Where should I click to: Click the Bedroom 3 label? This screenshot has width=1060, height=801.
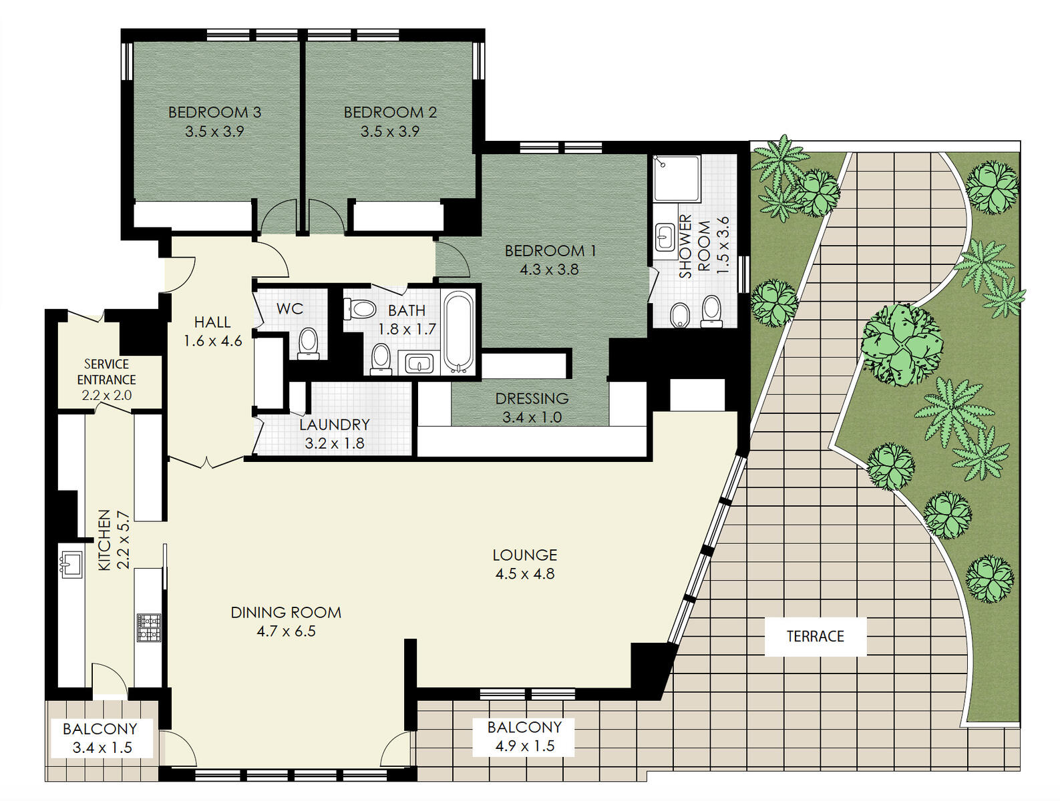(214, 112)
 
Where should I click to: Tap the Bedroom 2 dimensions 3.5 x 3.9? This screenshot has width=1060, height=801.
(389, 131)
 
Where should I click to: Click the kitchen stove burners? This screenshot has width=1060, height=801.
(149, 627)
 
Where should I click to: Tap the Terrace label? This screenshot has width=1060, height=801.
(815, 636)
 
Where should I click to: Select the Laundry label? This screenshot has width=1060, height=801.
(334, 425)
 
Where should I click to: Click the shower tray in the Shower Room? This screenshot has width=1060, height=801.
(675, 178)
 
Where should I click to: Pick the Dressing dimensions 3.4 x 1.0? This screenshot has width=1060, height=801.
(532, 417)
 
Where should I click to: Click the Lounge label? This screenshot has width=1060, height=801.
(525, 555)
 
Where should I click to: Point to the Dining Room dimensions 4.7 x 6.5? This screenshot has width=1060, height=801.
(286, 631)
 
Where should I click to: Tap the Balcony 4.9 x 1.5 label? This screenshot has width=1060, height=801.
(524, 736)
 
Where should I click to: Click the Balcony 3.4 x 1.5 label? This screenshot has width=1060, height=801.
(100, 738)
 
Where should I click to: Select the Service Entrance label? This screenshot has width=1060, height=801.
(107, 372)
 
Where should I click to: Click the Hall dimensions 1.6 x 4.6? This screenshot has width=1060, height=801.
(212, 341)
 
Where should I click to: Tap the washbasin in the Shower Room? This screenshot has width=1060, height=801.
(665, 237)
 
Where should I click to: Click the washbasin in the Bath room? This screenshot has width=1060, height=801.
(419, 363)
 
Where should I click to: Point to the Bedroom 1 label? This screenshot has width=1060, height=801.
(550, 251)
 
